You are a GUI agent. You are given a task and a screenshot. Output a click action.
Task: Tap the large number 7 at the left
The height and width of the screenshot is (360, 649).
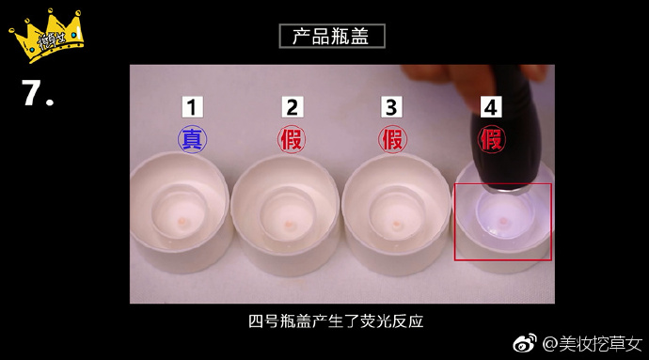pos(40,93)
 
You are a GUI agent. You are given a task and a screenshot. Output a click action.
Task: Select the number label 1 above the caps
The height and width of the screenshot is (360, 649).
pos(192,107)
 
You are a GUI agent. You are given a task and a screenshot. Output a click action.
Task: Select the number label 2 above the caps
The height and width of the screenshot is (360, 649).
pos(293,107)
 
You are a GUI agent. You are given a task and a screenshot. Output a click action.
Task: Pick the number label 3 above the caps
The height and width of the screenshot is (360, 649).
pos(392,107)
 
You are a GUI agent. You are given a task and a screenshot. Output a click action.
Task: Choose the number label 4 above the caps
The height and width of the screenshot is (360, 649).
pos(490,107)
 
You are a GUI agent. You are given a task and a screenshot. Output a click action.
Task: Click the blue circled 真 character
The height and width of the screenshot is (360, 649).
pos(192,140)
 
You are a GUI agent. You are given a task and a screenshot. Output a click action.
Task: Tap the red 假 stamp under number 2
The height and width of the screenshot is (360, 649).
pos(293,140)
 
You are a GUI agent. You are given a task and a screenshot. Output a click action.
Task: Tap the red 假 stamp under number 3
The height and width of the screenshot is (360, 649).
pos(392,140)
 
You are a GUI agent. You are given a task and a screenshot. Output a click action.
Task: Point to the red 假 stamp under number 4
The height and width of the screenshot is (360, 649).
pos(490,140)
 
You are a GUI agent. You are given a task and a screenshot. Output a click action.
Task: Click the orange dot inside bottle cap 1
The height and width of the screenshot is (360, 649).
pos(181,223)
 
